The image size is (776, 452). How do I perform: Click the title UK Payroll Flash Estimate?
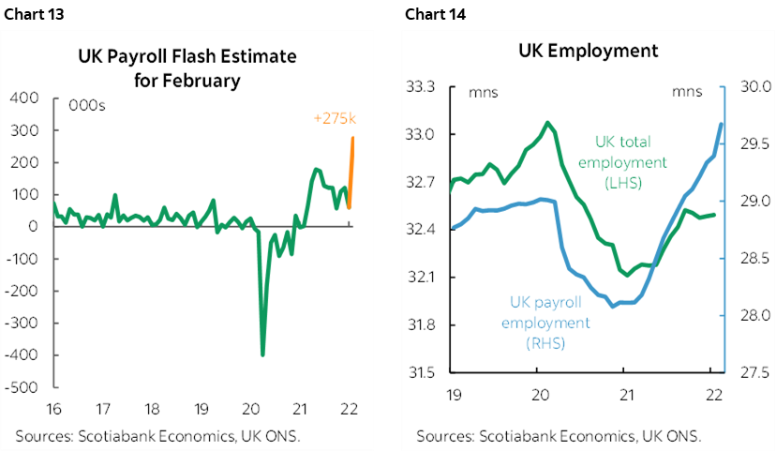(187, 57)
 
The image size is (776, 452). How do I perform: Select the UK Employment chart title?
(588, 51)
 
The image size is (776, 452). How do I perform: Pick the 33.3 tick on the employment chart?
(424, 87)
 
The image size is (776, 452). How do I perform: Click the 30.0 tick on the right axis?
(754, 87)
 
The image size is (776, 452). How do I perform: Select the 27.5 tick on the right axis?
(754, 373)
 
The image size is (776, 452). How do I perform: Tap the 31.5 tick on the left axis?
(424, 373)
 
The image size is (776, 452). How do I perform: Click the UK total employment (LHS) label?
(622, 161)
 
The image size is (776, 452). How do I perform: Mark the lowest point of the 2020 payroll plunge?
(262, 354)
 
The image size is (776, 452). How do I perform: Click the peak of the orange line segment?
(353, 138)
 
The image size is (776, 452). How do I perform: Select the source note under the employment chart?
(559, 436)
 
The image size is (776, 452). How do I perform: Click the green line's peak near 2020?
(546, 122)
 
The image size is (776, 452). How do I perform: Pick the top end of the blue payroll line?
(721, 124)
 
